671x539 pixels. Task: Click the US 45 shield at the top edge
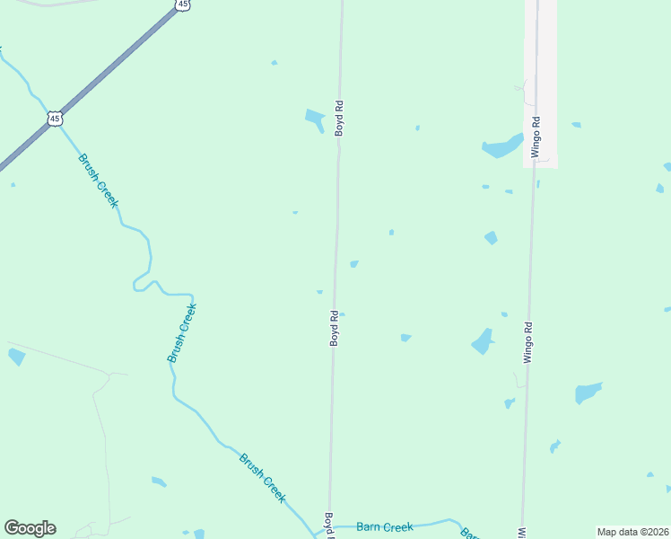tap(183, 4)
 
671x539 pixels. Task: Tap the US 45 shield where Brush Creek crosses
tap(56, 118)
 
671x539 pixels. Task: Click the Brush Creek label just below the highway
tap(98, 181)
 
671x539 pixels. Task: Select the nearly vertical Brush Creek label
tap(181, 332)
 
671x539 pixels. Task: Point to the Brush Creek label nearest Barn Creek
tap(263, 477)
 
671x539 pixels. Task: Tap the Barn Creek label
tap(385, 527)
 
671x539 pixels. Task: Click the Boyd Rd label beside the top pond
tap(339, 118)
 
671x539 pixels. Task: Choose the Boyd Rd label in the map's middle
tap(334, 328)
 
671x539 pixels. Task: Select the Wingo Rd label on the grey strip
tap(535, 137)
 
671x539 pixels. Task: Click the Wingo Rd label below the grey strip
tap(528, 342)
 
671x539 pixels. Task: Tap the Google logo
tap(30, 528)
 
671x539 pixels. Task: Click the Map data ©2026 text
tap(632, 532)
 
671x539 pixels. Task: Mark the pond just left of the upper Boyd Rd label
tap(315, 119)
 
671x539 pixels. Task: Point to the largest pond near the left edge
tap(16, 357)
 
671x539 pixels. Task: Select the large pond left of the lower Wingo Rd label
tap(483, 341)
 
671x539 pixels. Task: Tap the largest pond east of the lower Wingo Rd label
tap(588, 393)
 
